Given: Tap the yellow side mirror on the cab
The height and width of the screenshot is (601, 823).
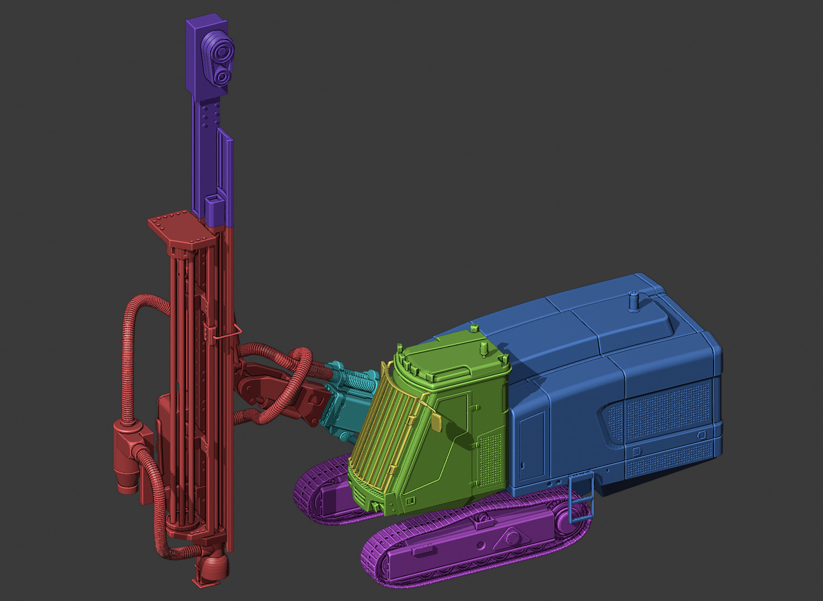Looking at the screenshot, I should (x=436, y=422).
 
